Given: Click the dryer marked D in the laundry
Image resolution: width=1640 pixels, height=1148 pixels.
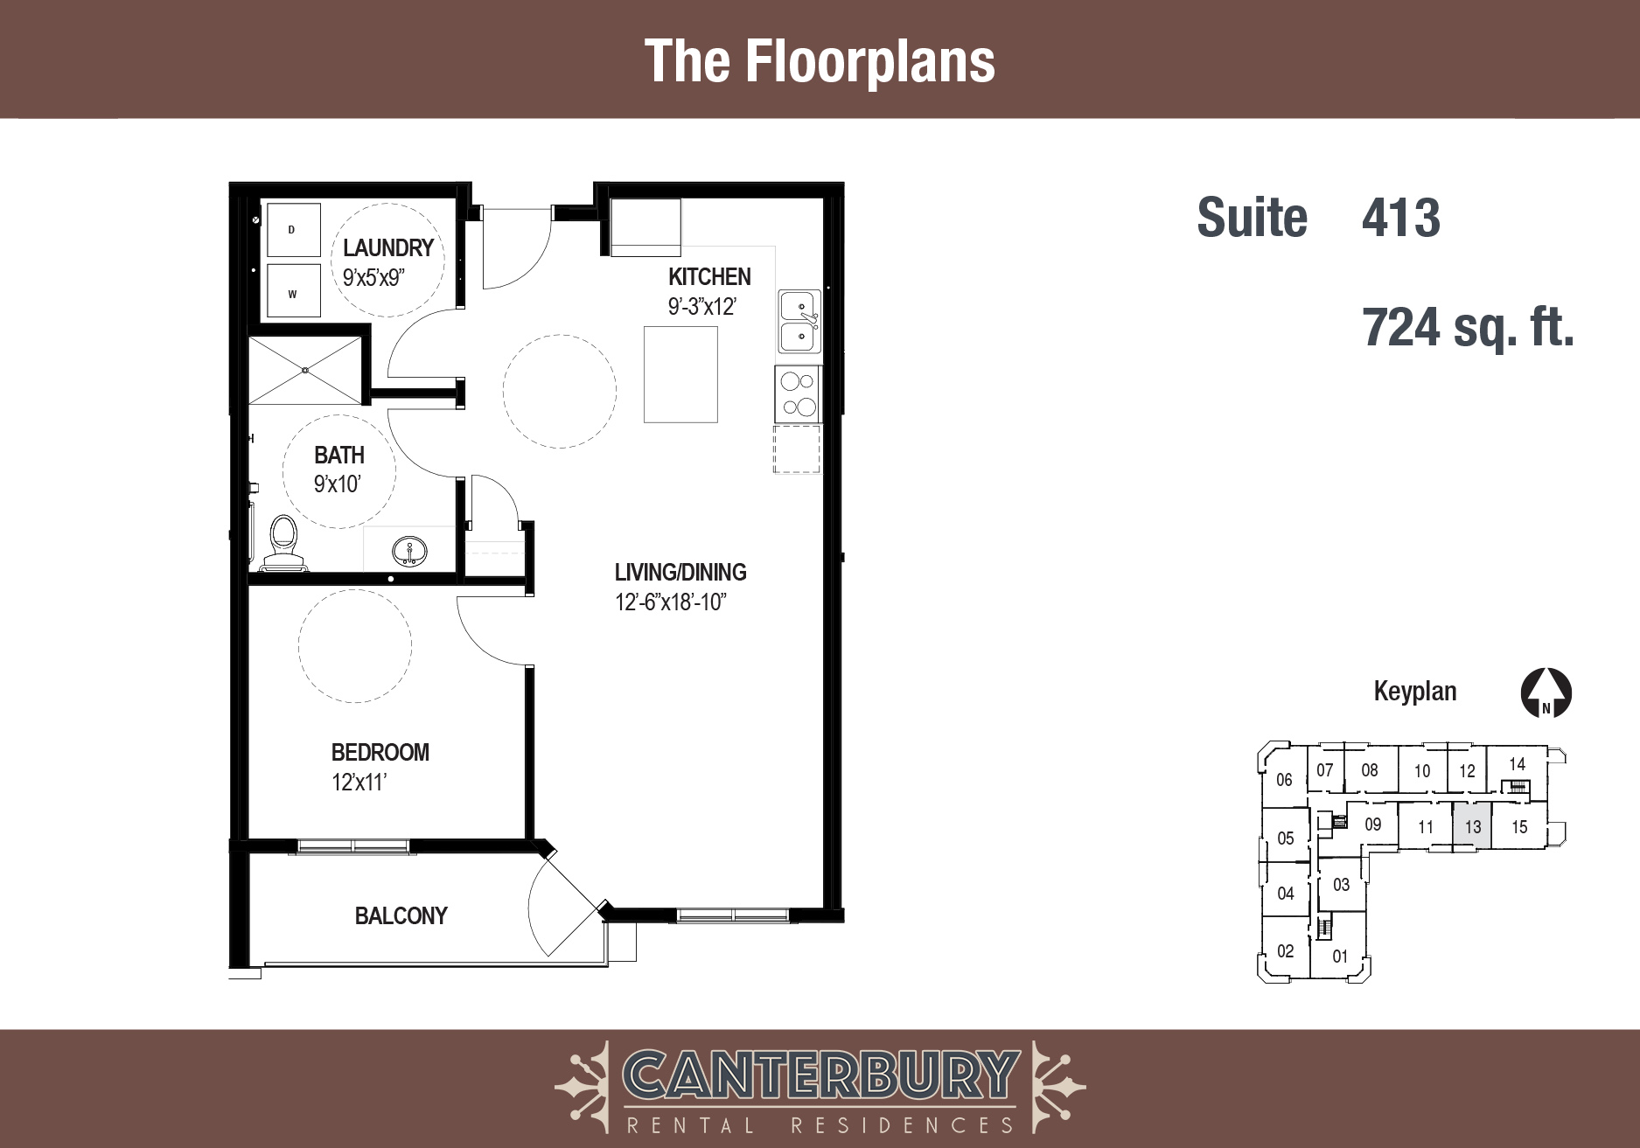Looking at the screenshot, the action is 293,230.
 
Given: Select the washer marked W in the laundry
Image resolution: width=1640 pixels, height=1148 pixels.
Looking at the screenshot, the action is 293,290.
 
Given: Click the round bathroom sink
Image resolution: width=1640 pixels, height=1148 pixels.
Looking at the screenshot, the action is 409,552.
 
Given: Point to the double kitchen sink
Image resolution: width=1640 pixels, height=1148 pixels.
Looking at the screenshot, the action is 799,322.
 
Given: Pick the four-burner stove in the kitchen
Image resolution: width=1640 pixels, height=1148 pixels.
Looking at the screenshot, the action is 798,394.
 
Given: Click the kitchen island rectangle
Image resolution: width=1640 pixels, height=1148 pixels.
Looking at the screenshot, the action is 680,374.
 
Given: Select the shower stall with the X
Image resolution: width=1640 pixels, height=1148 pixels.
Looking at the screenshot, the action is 304,370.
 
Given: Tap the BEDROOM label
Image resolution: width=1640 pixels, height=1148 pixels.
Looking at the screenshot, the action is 380,753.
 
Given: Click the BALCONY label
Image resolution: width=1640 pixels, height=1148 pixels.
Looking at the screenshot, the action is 401,916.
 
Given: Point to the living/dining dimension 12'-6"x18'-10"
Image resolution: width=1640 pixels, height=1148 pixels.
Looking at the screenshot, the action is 671,602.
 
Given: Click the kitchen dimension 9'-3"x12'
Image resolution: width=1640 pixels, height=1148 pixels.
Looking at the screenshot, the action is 702,307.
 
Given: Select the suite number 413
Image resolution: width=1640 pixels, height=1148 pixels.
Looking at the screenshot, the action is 1401,218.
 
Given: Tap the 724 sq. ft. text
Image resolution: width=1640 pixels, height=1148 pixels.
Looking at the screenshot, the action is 1469,329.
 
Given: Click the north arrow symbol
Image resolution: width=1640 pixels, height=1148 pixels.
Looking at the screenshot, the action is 1546,693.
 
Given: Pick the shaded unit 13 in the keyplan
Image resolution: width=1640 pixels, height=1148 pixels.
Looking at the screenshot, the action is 1472,825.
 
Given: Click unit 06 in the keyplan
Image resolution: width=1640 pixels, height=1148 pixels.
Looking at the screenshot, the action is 1284,780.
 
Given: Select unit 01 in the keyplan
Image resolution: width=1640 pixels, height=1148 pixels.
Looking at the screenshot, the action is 1340,957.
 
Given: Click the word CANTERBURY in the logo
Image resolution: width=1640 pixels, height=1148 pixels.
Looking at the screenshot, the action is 820,1075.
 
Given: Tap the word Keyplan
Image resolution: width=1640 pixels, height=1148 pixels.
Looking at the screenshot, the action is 1415,692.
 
